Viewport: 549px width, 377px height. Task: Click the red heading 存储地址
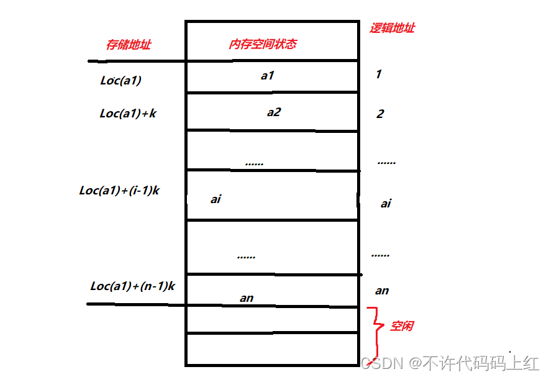[129, 45]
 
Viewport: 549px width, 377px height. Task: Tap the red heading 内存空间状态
[263, 44]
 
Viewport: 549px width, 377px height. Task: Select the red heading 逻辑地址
[392, 28]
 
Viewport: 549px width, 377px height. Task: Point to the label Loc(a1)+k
[128, 114]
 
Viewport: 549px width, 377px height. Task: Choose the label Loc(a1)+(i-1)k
[119, 191]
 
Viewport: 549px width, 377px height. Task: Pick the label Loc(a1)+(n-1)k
[133, 286]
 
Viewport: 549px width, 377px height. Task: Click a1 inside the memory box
[267, 76]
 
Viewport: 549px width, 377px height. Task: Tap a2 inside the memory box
[273, 112]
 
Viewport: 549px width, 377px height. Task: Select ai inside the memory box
[216, 199]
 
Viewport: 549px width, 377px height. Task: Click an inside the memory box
[247, 298]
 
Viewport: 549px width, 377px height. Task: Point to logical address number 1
[378, 75]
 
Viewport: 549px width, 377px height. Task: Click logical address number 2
[380, 114]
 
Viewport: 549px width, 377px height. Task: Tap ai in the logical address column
[386, 204]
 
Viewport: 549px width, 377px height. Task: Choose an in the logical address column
[382, 291]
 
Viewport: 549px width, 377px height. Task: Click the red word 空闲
[402, 326]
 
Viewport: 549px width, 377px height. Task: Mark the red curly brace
[373, 325]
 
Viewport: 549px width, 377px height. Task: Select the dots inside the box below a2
[254, 163]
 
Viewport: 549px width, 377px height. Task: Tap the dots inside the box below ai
[246, 257]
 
